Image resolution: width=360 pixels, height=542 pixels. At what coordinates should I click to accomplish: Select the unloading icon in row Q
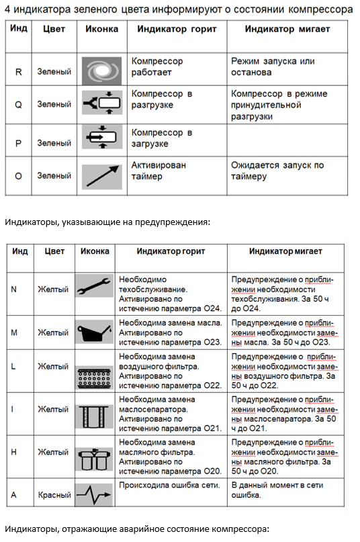pyautogui.click(x=101, y=103)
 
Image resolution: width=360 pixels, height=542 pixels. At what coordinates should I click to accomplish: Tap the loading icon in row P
pyautogui.click(x=101, y=140)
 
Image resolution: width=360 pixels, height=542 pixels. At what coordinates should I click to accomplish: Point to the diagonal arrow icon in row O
pyautogui.click(x=101, y=175)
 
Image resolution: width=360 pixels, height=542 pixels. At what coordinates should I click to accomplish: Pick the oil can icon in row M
pyautogui.click(x=94, y=332)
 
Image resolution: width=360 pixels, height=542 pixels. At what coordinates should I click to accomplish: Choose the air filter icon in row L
pyautogui.click(x=94, y=371)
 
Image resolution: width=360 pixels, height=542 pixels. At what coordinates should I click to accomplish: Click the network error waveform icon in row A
pyautogui.click(x=94, y=495)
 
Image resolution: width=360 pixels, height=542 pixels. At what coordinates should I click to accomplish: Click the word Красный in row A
pyautogui.click(x=54, y=495)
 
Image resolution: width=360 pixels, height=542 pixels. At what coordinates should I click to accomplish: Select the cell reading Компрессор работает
pyautogui.click(x=157, y=66)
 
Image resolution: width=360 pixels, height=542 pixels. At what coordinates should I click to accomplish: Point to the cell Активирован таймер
pyautogui.click(x=159, y=171)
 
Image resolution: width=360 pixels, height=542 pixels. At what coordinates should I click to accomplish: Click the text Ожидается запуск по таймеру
pyautogui.click(x=277, y=171)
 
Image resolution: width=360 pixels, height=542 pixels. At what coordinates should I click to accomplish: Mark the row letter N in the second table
pyautogui.click(x=14, y=289)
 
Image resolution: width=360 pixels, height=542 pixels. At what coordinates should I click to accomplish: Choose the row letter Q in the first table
pyautogui.click(x=19, y=104)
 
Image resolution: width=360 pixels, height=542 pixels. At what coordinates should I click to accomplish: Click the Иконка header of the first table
pyautogui.click(x=101, y=30)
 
